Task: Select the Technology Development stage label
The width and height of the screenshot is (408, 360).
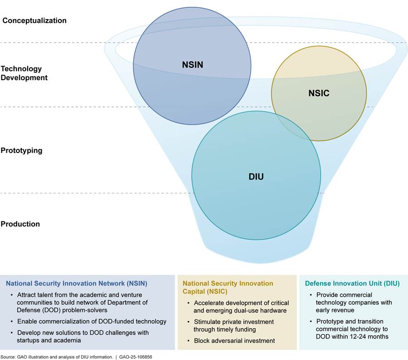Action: tap(24, 73)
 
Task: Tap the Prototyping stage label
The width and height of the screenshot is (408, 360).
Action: tap(21, 150)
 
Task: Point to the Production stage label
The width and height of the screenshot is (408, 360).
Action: tap(20, 224)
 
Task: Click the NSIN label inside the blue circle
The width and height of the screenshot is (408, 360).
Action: tap(192, 65)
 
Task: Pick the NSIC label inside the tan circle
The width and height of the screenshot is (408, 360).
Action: tap(319, 94)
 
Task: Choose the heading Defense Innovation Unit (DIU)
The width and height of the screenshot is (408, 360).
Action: tap(352, 283)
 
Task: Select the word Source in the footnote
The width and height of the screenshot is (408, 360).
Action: tap(9, 357)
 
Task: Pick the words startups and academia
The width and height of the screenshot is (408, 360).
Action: tap(54, 340)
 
